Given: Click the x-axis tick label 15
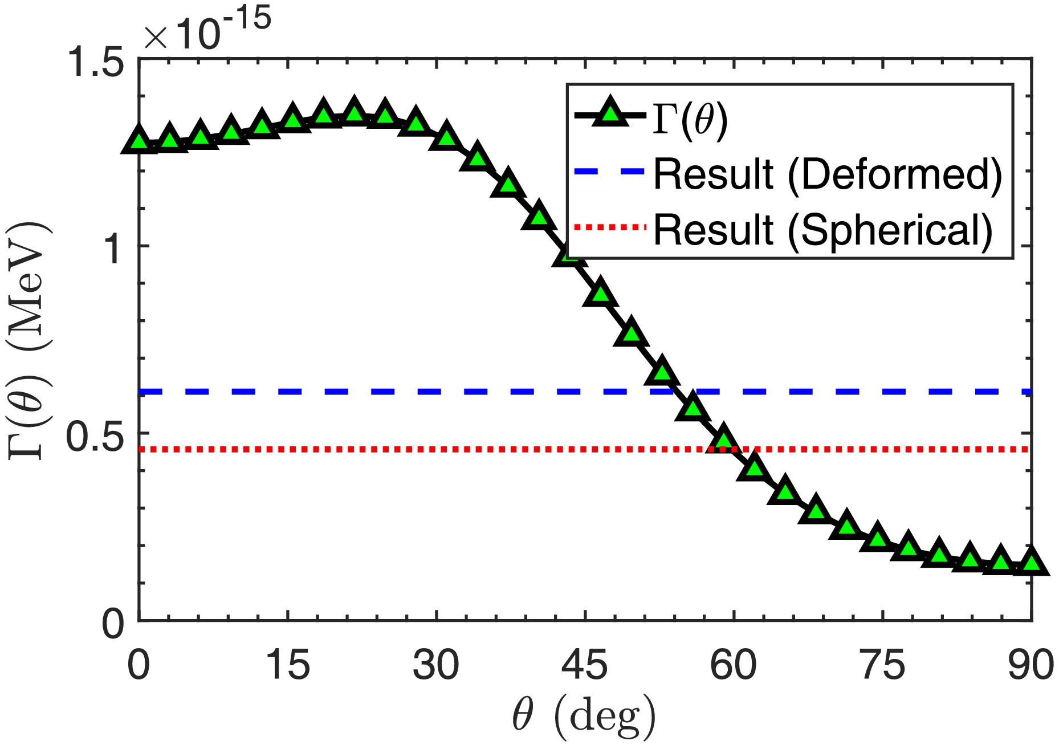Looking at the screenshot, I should coord(290,665).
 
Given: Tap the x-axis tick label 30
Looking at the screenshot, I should coord(436,665).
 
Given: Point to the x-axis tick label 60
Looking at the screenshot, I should coord(734,665).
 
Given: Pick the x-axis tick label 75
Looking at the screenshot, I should coord(883,665).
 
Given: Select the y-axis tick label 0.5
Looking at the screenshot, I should coord(95,438).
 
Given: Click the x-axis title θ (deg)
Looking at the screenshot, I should coord(584,715).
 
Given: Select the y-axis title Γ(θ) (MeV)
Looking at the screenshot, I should coord(30,340).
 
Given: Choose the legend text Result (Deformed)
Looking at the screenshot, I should coord(827,173).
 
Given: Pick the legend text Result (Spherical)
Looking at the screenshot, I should coord(822,229).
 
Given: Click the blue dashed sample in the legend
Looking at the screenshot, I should coord(610,171).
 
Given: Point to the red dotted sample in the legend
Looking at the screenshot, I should coord(610,227).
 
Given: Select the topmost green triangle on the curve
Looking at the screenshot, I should coord(354,111).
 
